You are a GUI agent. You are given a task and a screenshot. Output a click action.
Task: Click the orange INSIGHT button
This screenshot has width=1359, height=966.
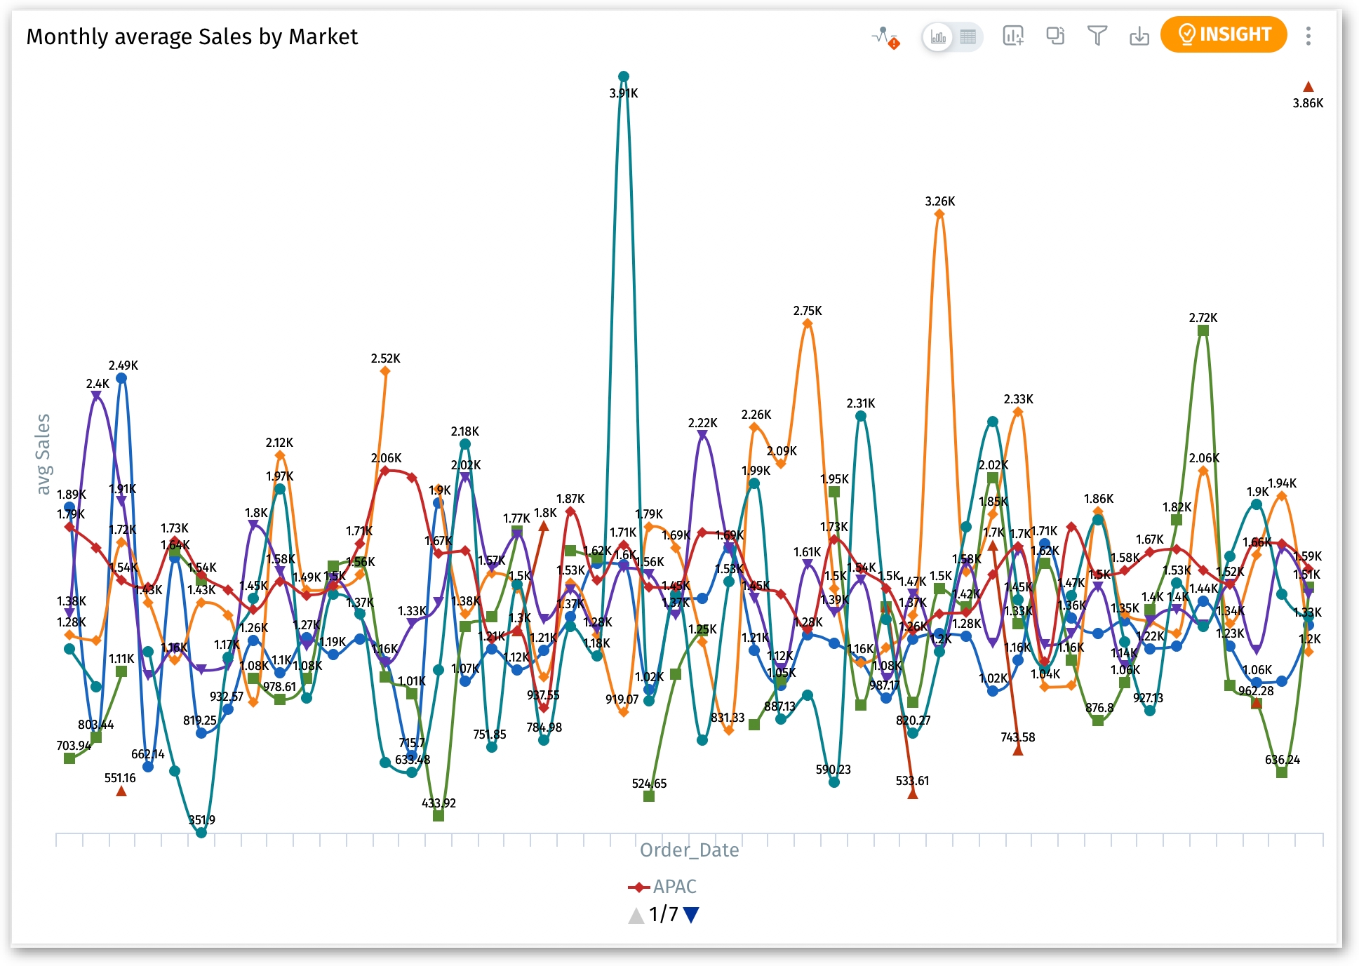pyautogui.click(x=1223, y=34)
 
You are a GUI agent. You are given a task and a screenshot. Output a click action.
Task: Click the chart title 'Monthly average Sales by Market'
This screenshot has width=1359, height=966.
pyautogui.click(x=192, y=36)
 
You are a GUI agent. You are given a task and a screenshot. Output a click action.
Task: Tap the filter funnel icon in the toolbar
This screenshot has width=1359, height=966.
pyautogui.click(x=1097, y=35)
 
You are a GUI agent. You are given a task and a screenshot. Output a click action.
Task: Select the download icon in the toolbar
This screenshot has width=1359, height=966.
pyautogui.click(x=1139, y=36)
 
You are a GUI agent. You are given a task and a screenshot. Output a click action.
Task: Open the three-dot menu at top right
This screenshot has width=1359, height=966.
pyautogui.click(x=1308, y=36)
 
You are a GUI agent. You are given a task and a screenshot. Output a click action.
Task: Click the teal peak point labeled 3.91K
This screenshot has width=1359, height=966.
pyautogui.click(x=623, y=76)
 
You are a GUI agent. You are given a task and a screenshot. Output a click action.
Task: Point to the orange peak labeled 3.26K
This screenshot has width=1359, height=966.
pyautogui.click(x=939, y=215)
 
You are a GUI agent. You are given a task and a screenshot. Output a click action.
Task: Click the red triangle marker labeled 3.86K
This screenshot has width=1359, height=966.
pyautogui.click(x=1308, y=87)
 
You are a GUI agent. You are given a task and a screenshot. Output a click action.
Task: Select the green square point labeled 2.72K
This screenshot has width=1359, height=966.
pyautogui.click(x=1203, y=330)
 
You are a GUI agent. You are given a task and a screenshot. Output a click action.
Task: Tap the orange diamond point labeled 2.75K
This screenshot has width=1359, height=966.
pyautogui.click(x=807, y=323)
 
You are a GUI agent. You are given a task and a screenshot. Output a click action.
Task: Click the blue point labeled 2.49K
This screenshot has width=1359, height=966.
pyautogui.click(x=121, y=378)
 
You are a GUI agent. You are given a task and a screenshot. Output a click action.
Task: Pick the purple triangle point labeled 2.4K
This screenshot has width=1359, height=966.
pyautogui.click(x=96, y=396)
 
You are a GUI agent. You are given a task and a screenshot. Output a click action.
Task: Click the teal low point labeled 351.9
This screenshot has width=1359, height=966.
pyautogui.click(x=201, y=833)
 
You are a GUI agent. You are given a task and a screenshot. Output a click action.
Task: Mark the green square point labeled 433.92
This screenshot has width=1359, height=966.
pyautogui.click(x=439, y=816)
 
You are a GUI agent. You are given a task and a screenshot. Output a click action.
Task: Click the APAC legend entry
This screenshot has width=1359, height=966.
pyautogui.click(x=662, y=887)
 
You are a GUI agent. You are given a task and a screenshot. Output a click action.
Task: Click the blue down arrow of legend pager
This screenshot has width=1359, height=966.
pyautogui.click(x=691, y=914)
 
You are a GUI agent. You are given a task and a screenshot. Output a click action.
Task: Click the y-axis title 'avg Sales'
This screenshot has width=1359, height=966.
pyautogui.click(x=43, y=454)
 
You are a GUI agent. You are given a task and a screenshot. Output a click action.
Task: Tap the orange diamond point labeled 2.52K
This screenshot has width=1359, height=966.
pyautogui.click(x=384, y=371)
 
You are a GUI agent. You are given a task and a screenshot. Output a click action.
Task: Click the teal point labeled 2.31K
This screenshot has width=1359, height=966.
pyautogui.click(x=860, y=416)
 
